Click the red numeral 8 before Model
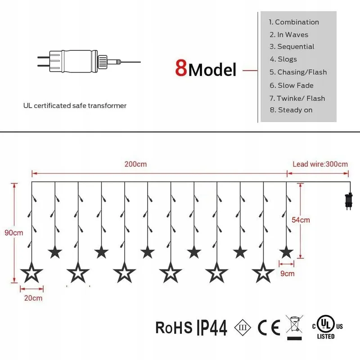pyautogui.click(x=181, y=68)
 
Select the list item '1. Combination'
pyautogui.click(x=294, y=22)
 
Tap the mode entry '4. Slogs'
pyautogui.click(x=283, y=59)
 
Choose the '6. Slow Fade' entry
pyautogui.click(x=292, y=85)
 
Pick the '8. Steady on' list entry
pyautogui.click(x=291, y=110)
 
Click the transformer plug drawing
pyautogui.click(x=89, y=62)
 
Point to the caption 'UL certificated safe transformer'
pyautogui.click(x=75, y=106)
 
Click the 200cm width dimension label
pyautogui.click(x=135, y=164)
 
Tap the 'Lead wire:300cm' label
pyautogui.click(x=320, y=164)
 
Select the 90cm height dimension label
pyautogui.click(x=14, y=233)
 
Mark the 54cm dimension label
pyautogui.click(x=301, y=220)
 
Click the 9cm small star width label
pyautogui.click(x=288, y=274)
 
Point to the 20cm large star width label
pyautogui.click(x=33, y=298)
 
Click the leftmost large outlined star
pyautogui.click(x=31, y=273)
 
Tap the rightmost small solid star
pyautogui.click(x=286, y=252)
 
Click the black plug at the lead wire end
pyautogui.click(x=349, y=201)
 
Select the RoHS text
pyautogui.click(x=174, y=328)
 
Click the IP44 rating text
pyautogui.click(x=212, y=328)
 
